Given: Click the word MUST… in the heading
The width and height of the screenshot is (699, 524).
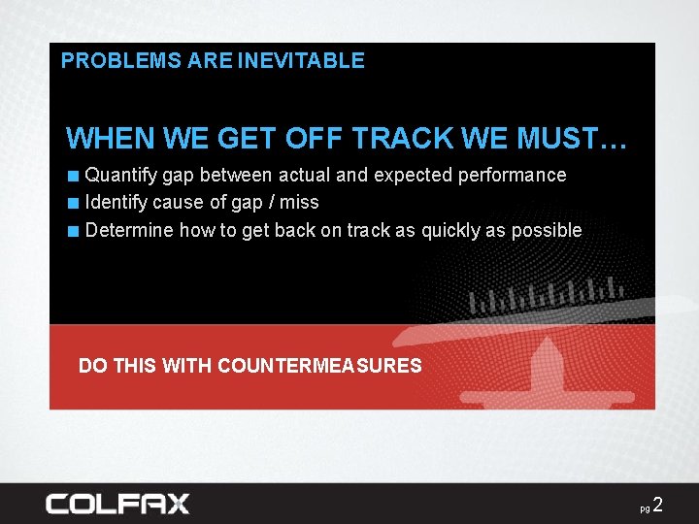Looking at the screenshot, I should (x=572, y=139).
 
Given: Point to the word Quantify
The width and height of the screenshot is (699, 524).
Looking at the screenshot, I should (x=121, y=176).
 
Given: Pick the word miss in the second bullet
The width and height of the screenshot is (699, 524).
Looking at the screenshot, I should (x=300, y=203).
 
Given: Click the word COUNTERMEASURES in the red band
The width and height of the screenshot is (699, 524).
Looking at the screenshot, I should (x=319, y=366).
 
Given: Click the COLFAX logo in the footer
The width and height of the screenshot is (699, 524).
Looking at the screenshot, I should (x=116, y=504).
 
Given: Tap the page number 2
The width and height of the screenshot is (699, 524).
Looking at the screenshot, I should (x=658, y=505).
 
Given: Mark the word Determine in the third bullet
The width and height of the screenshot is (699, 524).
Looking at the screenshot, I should (x=127, y=231).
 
